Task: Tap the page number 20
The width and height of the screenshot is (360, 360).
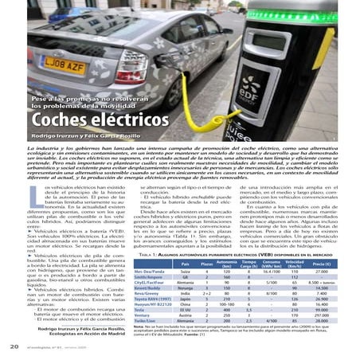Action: click(14, 347)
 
